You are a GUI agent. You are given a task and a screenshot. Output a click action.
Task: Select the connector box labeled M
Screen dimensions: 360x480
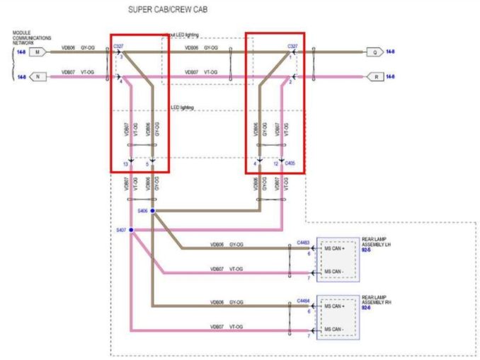tap(38, 52)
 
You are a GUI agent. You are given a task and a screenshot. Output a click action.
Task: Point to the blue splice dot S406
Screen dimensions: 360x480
tap(152, 211)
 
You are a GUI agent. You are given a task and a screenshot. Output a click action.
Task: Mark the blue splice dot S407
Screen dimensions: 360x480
tap(131, 231)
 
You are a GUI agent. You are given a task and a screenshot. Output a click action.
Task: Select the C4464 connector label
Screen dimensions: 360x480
tap(304, 300)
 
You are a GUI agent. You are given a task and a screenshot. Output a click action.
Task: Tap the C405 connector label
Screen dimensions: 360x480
tap(290, 163)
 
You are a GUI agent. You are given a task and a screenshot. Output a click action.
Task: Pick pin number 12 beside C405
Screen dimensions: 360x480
tap(276, 164)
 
